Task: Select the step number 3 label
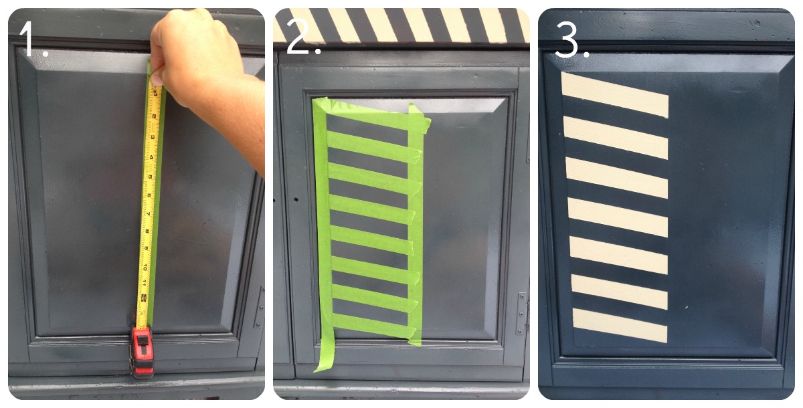coord(571,39)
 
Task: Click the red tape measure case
coord(143,352)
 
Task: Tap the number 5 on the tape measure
coord(150,177)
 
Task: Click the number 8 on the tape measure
coord(147,231)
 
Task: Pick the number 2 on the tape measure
coord(154,116)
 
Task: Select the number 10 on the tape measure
coord(145,268)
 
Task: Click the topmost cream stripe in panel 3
coord(615,94)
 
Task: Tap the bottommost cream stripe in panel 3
coord(620,325)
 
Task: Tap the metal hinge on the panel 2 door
coord(521,314)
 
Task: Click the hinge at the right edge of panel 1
coord(260,306)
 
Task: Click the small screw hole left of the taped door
coord(296,199)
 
